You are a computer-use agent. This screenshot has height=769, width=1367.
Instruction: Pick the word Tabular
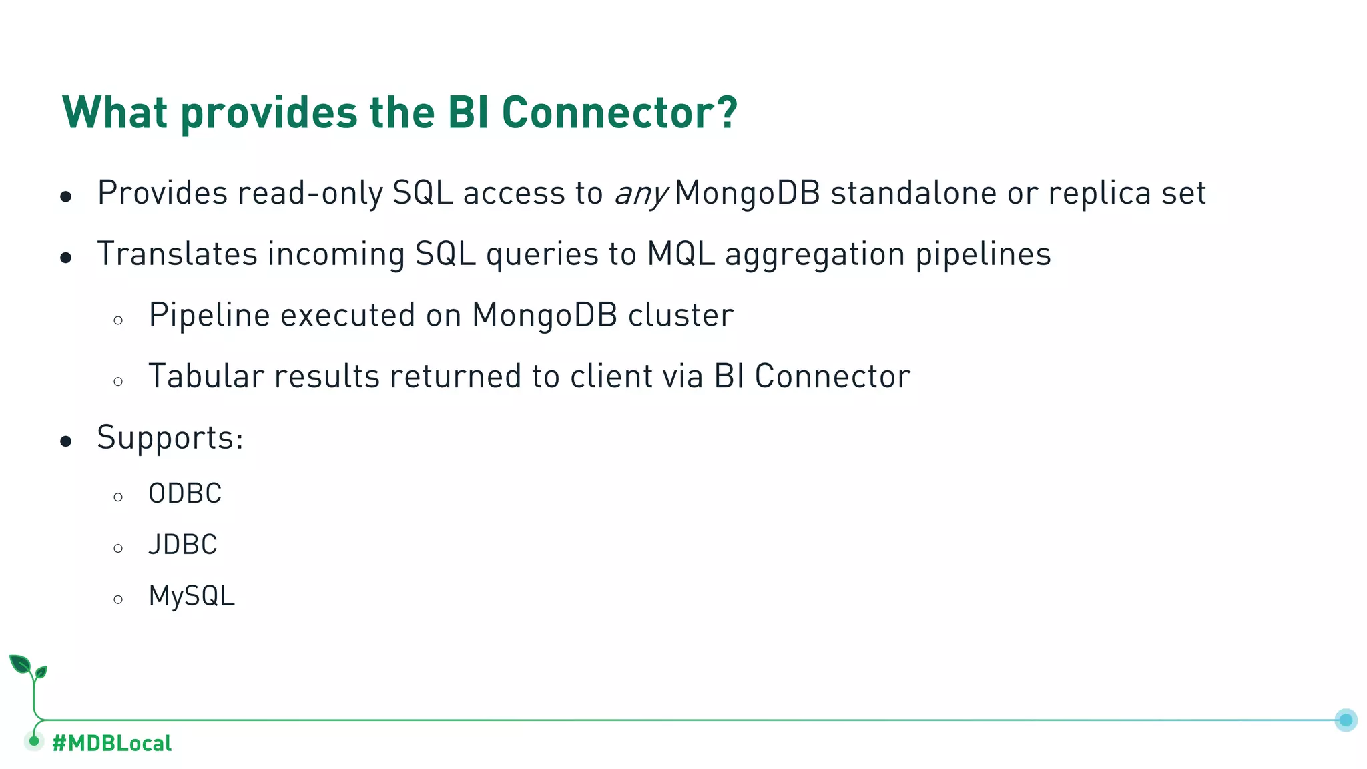206,376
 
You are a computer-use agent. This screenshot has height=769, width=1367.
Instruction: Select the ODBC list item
185,494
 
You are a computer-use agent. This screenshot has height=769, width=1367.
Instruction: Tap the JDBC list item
183,545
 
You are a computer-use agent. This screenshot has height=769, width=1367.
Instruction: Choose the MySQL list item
192,597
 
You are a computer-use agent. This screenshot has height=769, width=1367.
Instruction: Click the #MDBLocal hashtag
112,743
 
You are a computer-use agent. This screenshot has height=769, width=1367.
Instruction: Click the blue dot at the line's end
1346,720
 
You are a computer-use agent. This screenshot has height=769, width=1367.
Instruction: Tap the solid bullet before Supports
65,441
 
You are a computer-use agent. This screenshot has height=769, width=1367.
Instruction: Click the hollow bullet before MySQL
118,599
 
